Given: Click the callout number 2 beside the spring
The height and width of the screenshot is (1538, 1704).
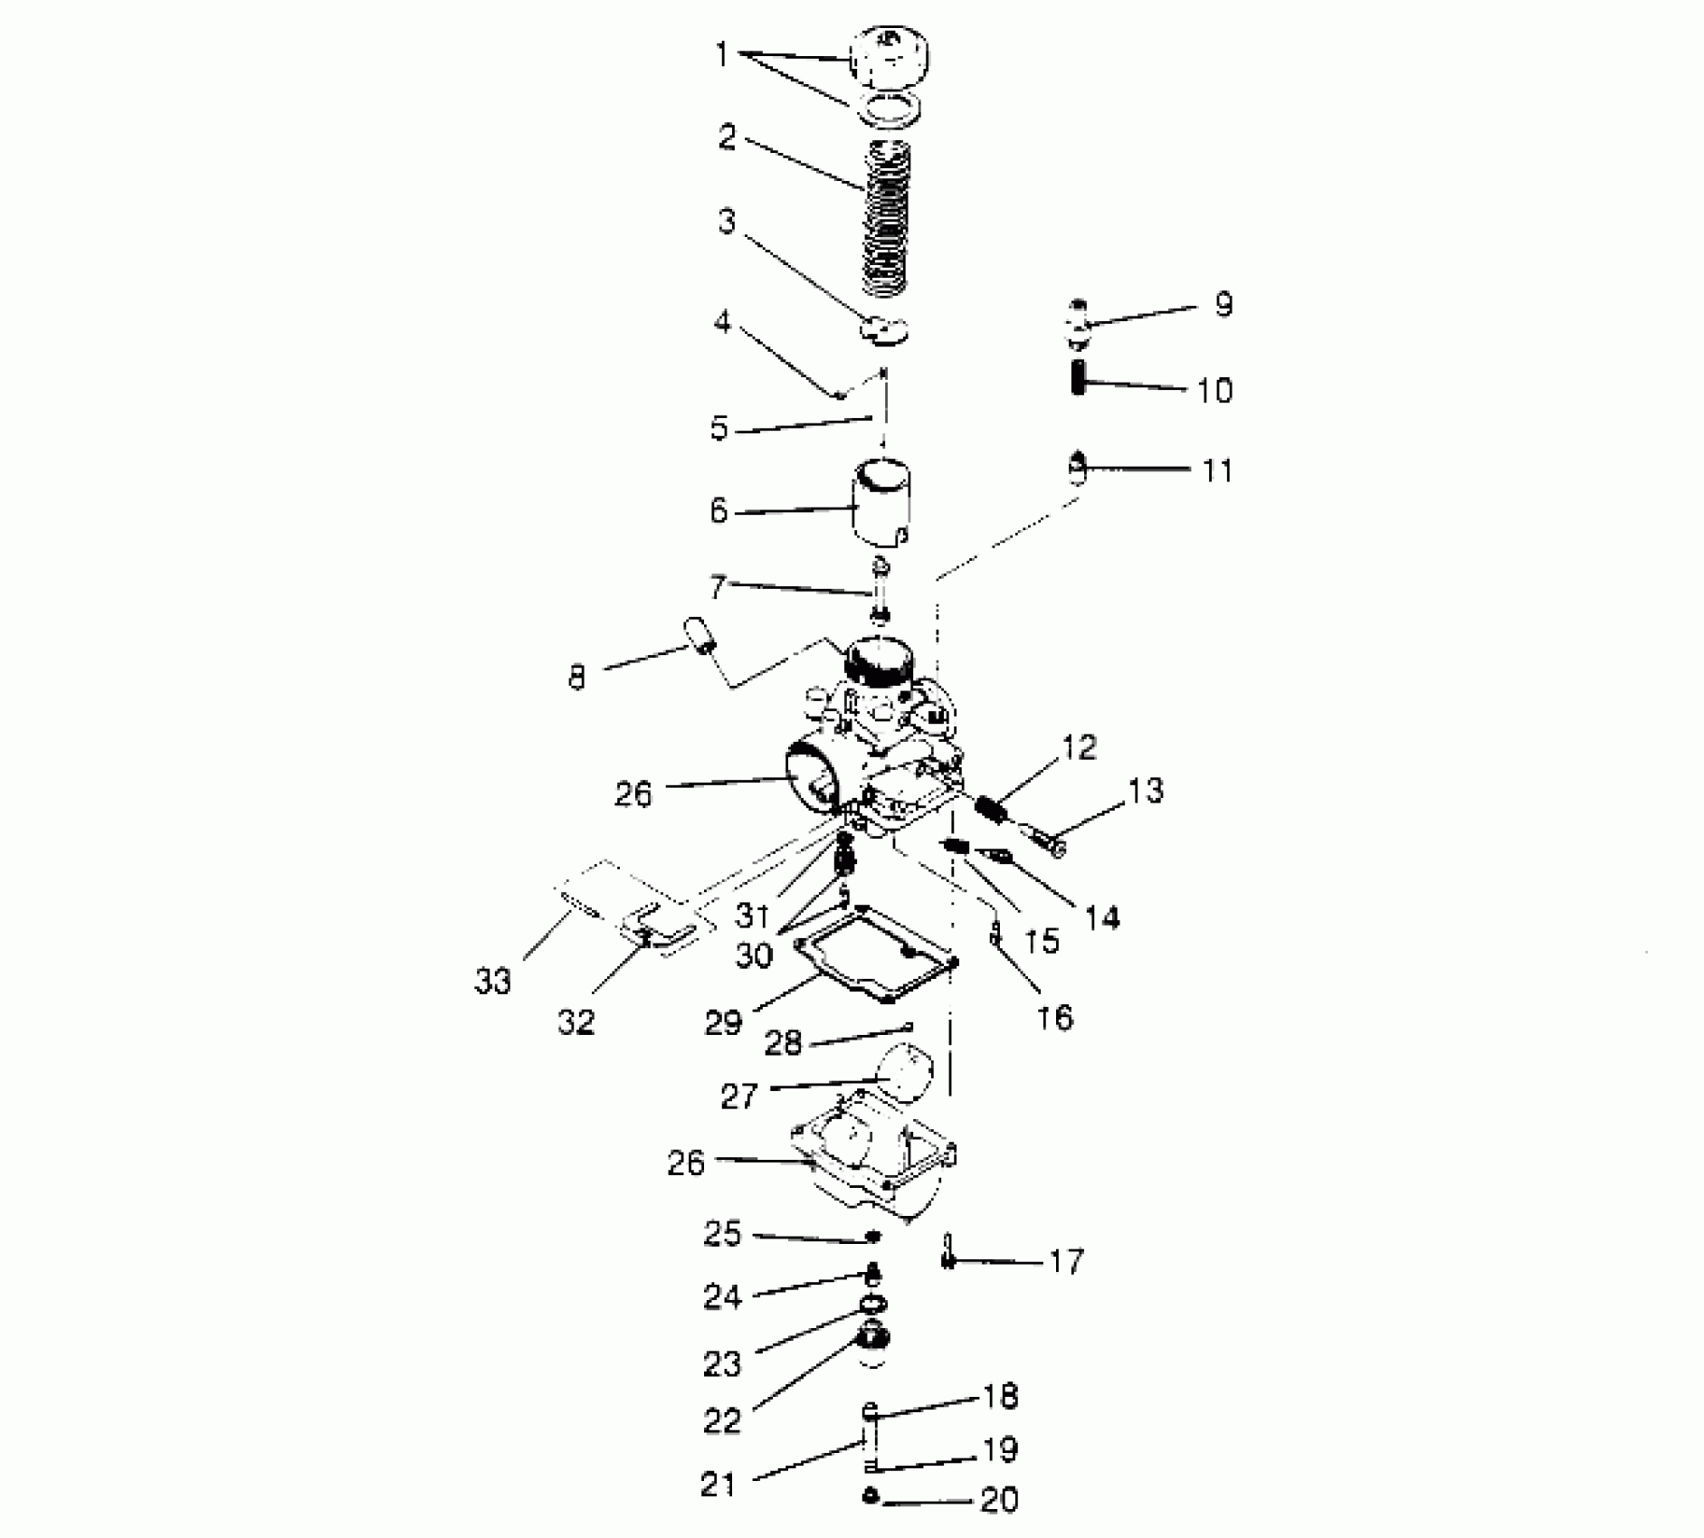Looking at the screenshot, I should click(728, 138).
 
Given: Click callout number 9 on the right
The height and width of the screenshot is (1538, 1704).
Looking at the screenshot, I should click(1223, 305).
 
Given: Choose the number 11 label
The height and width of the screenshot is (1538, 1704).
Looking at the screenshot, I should click(1218, 470).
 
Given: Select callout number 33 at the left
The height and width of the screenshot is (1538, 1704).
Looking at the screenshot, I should click(493, 980).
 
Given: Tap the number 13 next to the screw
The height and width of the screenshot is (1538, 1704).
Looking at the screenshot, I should click(1145, 791).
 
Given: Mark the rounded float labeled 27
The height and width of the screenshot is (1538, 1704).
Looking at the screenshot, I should click(906, 1071).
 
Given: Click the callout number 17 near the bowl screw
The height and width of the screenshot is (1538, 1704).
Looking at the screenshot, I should click(1066, 1260).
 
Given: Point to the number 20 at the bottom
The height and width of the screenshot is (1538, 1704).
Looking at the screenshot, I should click(999, 1500).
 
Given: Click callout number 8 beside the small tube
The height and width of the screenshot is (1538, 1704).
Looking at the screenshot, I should click(576, 677).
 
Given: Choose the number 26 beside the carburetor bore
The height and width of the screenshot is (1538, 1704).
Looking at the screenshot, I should click(633, 794).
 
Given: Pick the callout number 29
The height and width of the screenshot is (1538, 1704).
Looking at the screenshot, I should click(723, 1022).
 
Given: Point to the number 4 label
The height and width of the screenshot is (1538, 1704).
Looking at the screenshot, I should click(721, 321).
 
